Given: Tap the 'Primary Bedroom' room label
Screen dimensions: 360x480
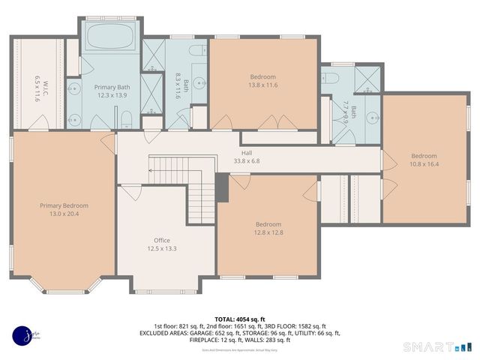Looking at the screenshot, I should point(64,205).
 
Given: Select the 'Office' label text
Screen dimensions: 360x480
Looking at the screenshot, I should point(162,240).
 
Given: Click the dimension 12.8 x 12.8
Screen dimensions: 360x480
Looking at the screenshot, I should point(268,232).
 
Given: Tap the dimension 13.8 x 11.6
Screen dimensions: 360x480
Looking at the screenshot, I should point(263,85).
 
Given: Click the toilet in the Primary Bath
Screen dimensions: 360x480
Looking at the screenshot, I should point(127,118).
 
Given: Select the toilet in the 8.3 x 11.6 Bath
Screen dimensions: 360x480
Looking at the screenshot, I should point(197,51).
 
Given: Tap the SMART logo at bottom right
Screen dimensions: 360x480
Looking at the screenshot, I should point(438,346).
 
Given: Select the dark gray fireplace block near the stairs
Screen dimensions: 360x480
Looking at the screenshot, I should point(221,187).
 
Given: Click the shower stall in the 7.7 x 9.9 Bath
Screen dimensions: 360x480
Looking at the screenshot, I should point(367,81).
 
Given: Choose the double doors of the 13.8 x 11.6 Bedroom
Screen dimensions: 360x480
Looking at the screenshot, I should point(269,121).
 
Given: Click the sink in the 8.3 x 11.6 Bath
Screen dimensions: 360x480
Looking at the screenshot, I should point(198,83).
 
